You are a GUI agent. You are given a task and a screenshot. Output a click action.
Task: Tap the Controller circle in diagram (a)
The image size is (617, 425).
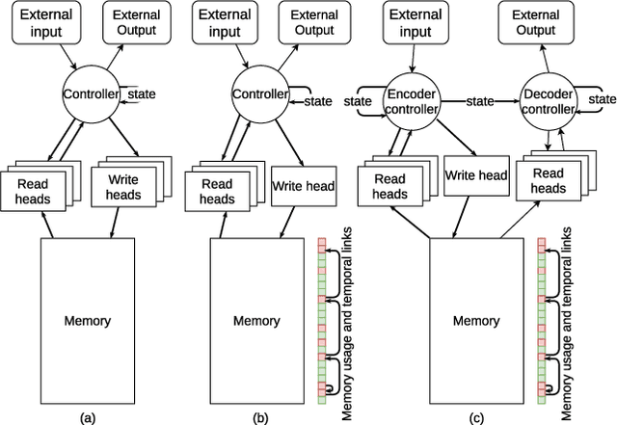[x=90, y=94]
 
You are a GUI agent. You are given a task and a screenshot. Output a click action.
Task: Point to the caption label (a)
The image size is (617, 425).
[x=88, y=416]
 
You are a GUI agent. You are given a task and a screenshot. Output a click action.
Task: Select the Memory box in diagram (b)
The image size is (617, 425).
[x=257, y=321]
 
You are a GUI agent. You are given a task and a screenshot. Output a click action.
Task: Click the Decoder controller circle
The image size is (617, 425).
[x=546, y=100]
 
